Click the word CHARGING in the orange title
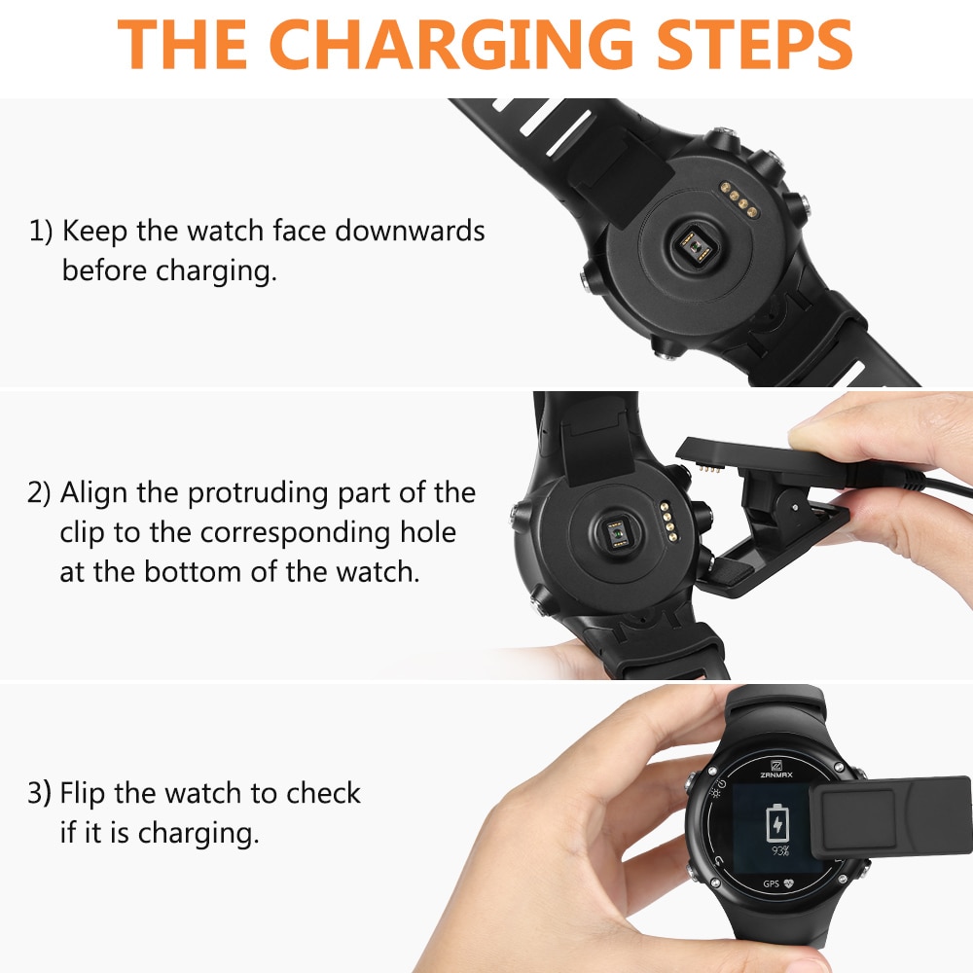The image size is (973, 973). tap(451, 45)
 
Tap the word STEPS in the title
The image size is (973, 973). tap(755, 45)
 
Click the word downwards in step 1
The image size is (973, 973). tap(410, 231)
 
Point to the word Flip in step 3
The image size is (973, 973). tap(82, 794)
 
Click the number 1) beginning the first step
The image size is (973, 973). tap(41, 232)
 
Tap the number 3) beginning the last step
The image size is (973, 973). tap(39, 794)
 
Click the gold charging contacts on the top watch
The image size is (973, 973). tap(739, 199)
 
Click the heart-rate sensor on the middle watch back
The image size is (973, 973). tap(616, 532)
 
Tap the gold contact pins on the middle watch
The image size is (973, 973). tap(668, 522)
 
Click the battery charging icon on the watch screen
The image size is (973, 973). tap(776, 823)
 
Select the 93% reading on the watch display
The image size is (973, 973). tap(780, 850)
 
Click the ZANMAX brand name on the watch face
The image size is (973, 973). tap(776, 775)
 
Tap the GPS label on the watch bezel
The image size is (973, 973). tap(771, 883)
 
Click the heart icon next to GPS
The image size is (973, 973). tap(789, 883)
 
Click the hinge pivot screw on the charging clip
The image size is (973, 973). tap(796, 508)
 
